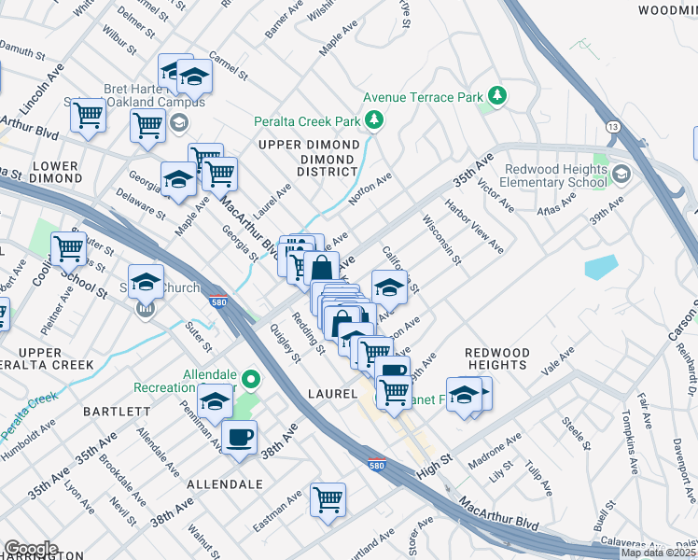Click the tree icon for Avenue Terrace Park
[x=498, y=96]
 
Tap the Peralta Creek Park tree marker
[x=374, y=120]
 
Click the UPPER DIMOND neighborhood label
[x=309, y=145]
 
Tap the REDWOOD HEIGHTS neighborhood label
[x=497, y=359]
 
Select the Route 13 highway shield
[x=612, y=126]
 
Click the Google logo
[x=31, y=549]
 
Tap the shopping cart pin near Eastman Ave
[x=328, y=499]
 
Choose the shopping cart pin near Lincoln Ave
[x=88, y=116]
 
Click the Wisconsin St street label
[x=441, y=239]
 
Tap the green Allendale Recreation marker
[x=250, y=379]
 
